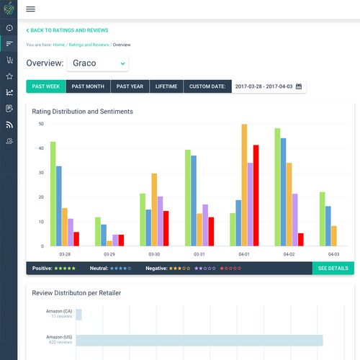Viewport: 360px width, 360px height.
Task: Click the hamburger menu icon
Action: tap(30, 9)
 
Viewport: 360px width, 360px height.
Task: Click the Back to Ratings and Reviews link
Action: tap(68, 30)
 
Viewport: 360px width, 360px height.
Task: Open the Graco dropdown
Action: tap(98, 63)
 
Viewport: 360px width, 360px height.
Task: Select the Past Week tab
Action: tap(45, 86)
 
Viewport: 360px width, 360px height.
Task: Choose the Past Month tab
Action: tap(88, 86)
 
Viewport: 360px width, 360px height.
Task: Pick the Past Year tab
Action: tap(130, 86)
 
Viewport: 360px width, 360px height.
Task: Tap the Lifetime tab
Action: tap(166, 86)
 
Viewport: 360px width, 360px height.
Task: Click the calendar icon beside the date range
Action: tap(299, 86)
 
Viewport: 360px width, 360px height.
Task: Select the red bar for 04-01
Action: tap(256, 195)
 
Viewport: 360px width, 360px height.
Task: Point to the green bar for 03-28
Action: tap(53, 194)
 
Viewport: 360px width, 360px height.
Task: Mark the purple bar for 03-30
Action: tap(160, 221)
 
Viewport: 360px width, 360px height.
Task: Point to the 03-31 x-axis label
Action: tap(199, 254)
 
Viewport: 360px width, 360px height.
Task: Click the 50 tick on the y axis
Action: tap(42, 124)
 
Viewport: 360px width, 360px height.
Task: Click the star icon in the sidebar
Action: tap(9, 76)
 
